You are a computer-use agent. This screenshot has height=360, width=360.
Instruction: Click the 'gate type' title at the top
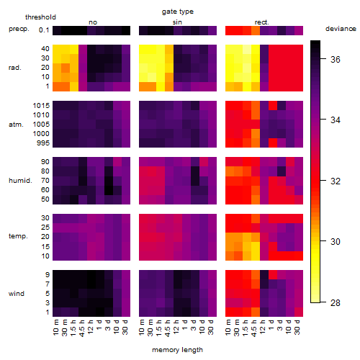pyautogui.click(x=178, y=12)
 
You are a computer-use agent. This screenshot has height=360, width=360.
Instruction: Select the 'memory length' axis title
pyautogui.click(x=177, y=350)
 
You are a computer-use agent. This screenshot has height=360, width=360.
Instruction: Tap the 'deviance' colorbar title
pyautogui.click(x=341, y=29)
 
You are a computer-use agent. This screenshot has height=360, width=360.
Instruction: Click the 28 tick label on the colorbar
pyautogui.click(x=336, y=302)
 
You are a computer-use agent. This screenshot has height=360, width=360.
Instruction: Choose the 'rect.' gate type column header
pyautogui.click(x=262, y=22)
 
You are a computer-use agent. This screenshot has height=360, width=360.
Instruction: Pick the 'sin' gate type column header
pyautogui.click(x=177, y=22)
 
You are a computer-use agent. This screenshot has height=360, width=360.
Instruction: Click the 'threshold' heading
pyautogui.click(x=40, y=17)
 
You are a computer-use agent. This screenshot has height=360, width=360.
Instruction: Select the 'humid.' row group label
pyautogui.click(x=20, y=181)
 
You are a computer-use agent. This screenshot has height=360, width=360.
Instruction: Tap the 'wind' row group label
pyautogui.click(x=17, y=294)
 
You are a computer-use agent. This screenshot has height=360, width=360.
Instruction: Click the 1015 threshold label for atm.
pyautogui.click(x=41, y=105)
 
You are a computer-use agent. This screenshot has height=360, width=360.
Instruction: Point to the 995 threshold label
pyautogui.click(x=43, y=143)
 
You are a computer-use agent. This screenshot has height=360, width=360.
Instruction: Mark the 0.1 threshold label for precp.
pyautogui.click(x=44, y=30)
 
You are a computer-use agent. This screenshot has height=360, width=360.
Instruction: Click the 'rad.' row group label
pyautogui.click(x=15, y=68)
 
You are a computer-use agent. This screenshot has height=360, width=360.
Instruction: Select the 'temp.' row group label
pyautogui.click(x=18, y=236)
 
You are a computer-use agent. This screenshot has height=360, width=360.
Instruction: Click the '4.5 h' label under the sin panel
pyautogui.click(x=168, y=328)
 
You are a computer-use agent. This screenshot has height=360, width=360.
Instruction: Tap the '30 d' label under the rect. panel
pyautogui.click(x=297, y=327)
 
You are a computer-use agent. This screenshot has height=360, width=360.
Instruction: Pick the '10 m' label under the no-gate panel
pyautogui.click(x=55, y=328)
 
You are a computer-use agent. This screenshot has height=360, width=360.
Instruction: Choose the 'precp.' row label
pyautogui.click(x=19, y=29)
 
